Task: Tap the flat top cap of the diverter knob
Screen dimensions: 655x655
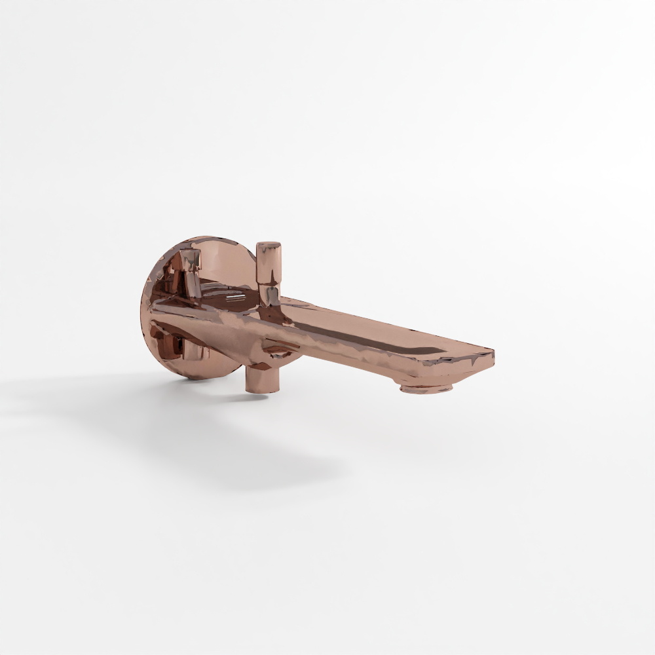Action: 268,246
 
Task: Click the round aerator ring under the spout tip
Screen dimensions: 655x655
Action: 426,388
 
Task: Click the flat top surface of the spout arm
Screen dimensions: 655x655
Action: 367,327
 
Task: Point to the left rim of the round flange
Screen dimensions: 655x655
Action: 143,308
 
